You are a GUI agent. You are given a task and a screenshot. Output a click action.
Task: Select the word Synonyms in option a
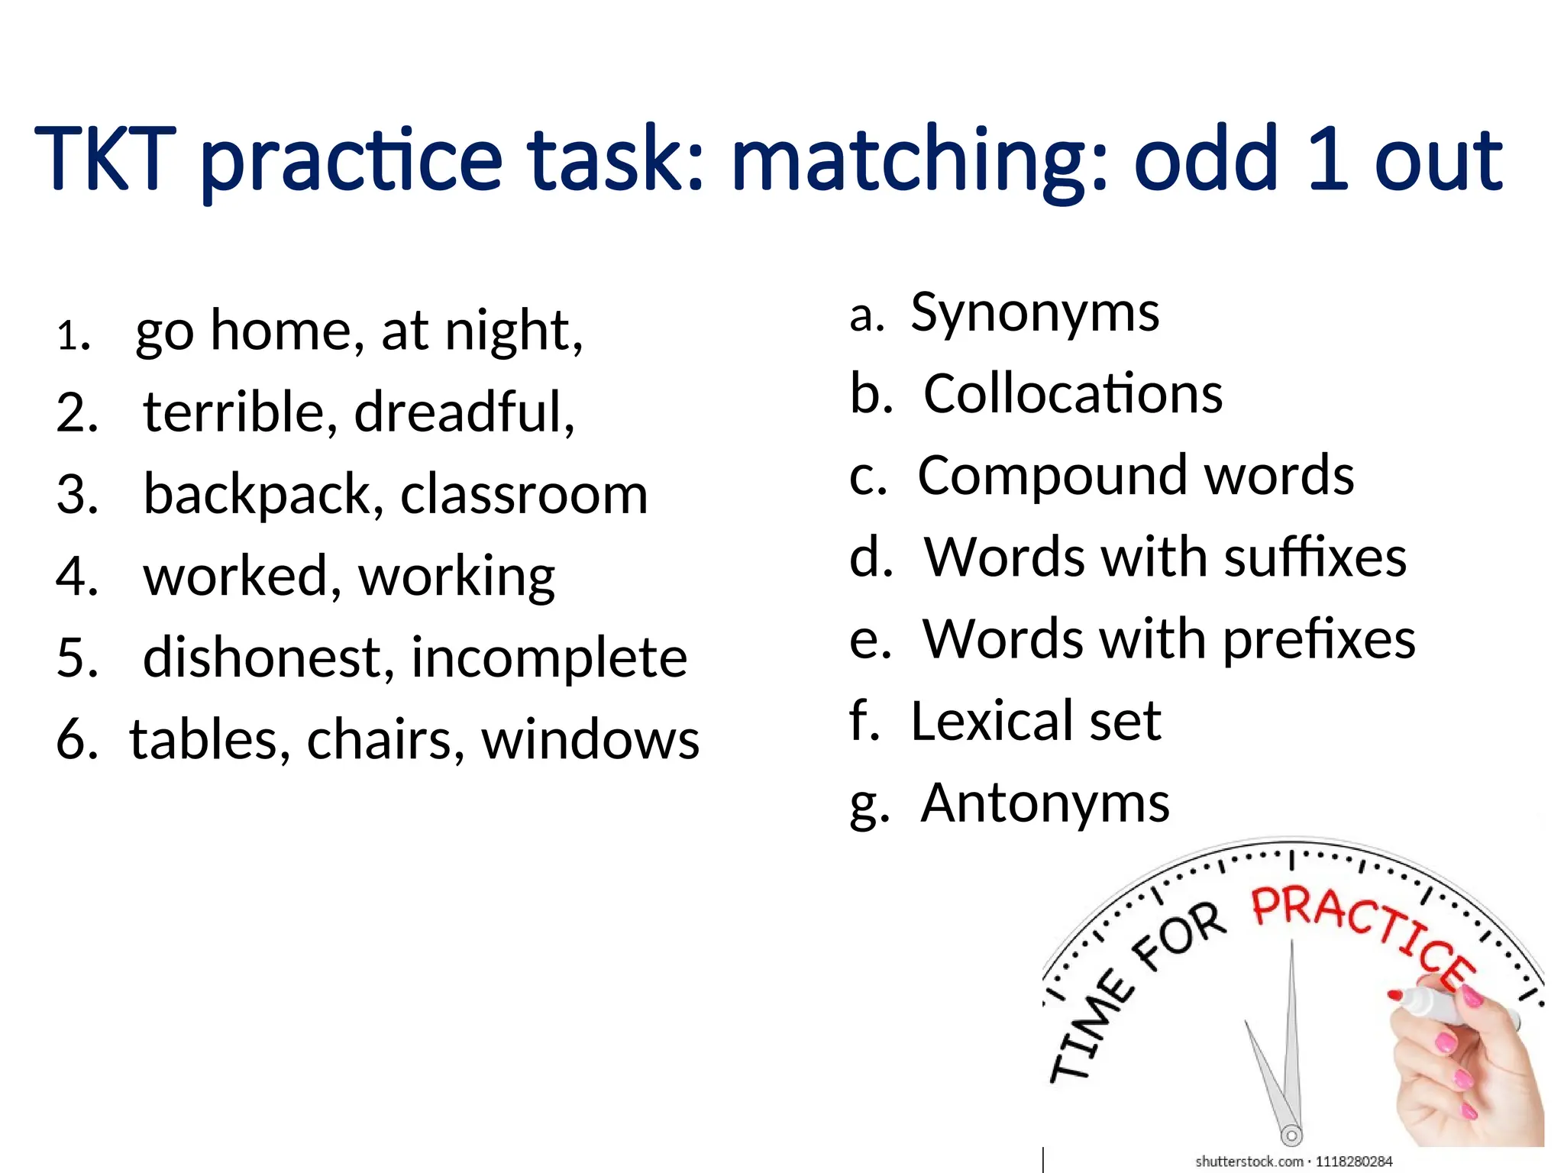(1035, 313)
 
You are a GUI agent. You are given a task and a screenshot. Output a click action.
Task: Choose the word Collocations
(1073, 394)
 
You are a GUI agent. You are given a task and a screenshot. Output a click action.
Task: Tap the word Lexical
(993, 721)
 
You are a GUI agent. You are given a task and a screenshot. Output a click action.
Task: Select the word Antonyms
(1045, 803)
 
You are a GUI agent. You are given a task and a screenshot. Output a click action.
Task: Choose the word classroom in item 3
(524, 495)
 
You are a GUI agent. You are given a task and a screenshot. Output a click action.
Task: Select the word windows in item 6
(590, 740)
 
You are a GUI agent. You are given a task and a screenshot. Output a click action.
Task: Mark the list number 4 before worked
(76, 577)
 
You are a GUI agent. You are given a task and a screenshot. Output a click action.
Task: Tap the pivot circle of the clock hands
(1291, 1136)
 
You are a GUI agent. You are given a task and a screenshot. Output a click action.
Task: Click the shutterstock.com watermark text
(1249, 1162)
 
